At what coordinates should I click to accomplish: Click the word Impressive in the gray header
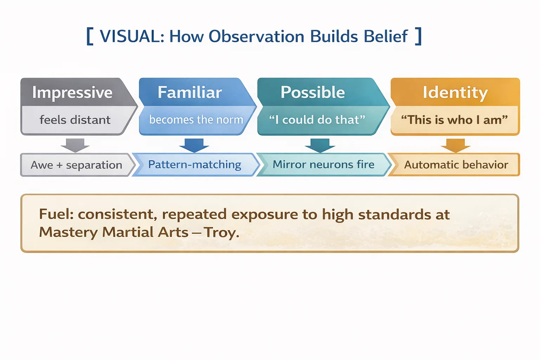(72, 92)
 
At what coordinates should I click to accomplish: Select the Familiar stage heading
(189, 92)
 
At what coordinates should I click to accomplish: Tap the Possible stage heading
(313, 92)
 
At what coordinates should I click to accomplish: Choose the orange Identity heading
(455, 92)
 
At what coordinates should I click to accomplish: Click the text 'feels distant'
(75, 120)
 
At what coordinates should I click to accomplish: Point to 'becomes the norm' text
(196, 120)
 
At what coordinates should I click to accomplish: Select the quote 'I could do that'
(317, 120)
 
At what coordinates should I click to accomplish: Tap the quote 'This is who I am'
(454, 120)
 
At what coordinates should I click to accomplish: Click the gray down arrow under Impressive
(75, 145)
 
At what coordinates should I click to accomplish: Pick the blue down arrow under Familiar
(194, 145)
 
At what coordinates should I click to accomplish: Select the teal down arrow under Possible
(320, 145)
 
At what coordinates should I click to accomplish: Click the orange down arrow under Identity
(456, 145)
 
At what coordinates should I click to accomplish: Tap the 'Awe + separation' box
(76, 165)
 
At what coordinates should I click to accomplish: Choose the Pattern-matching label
(194, 165)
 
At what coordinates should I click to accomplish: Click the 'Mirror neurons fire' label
(323, 165)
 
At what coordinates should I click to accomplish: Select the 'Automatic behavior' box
(456, 165)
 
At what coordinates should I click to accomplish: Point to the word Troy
(221, 232)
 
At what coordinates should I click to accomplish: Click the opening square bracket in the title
(90, 36)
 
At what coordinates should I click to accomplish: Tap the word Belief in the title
(386, 36)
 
